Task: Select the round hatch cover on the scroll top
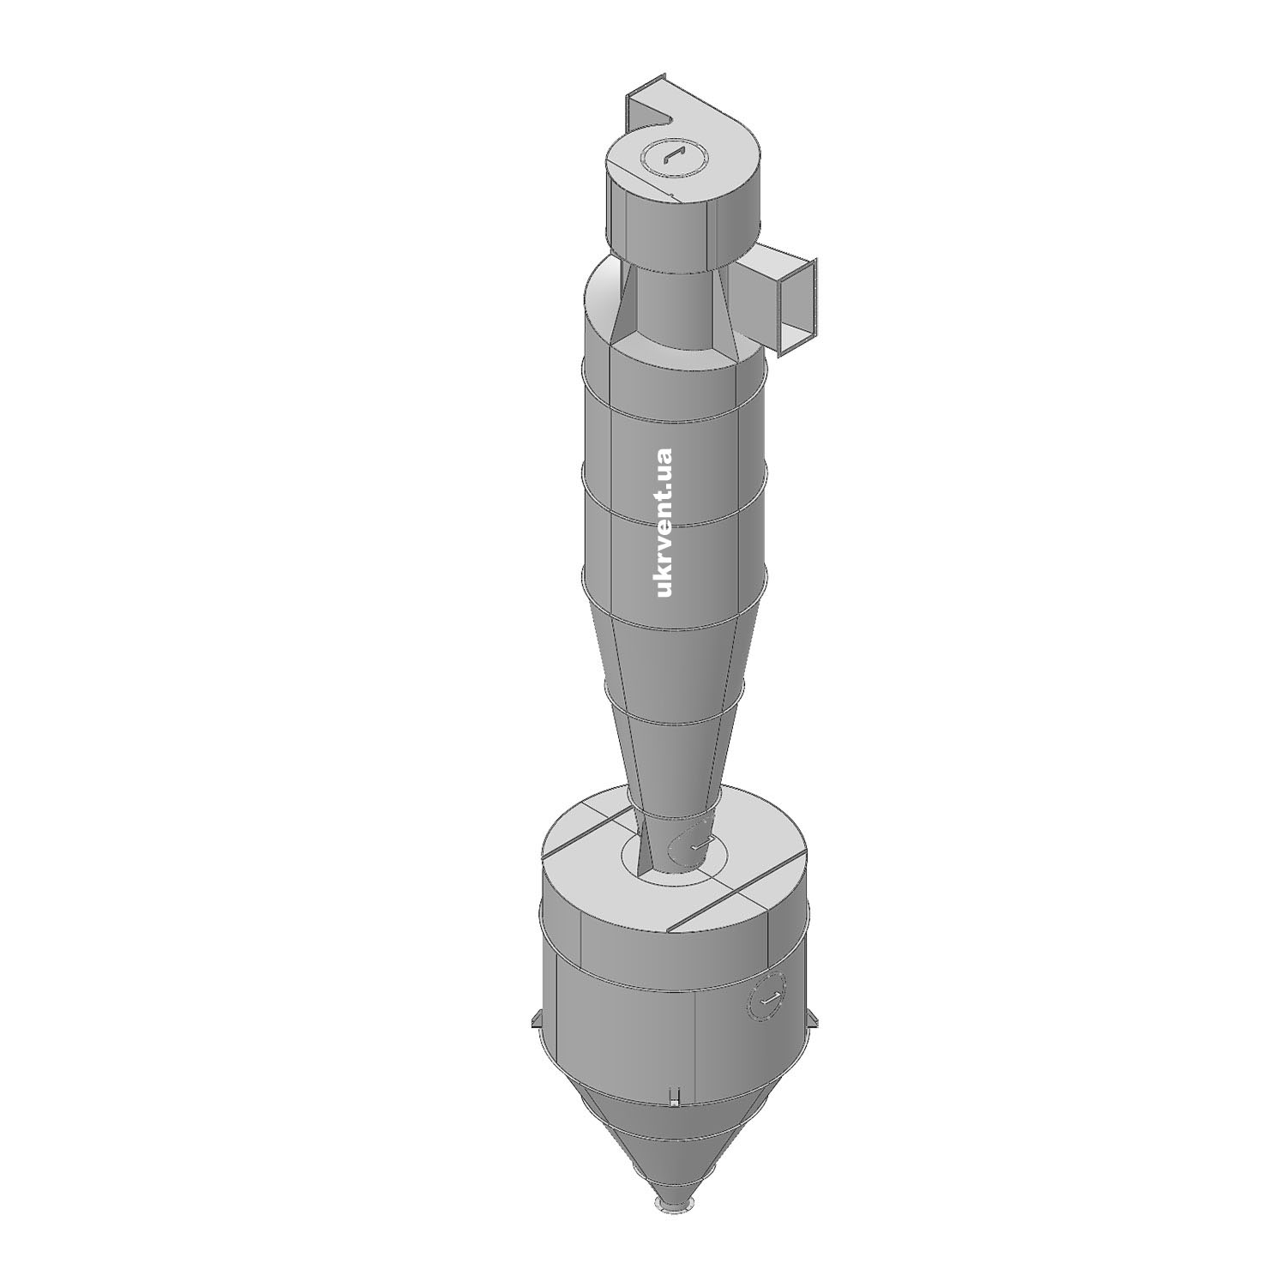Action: point(672,157)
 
